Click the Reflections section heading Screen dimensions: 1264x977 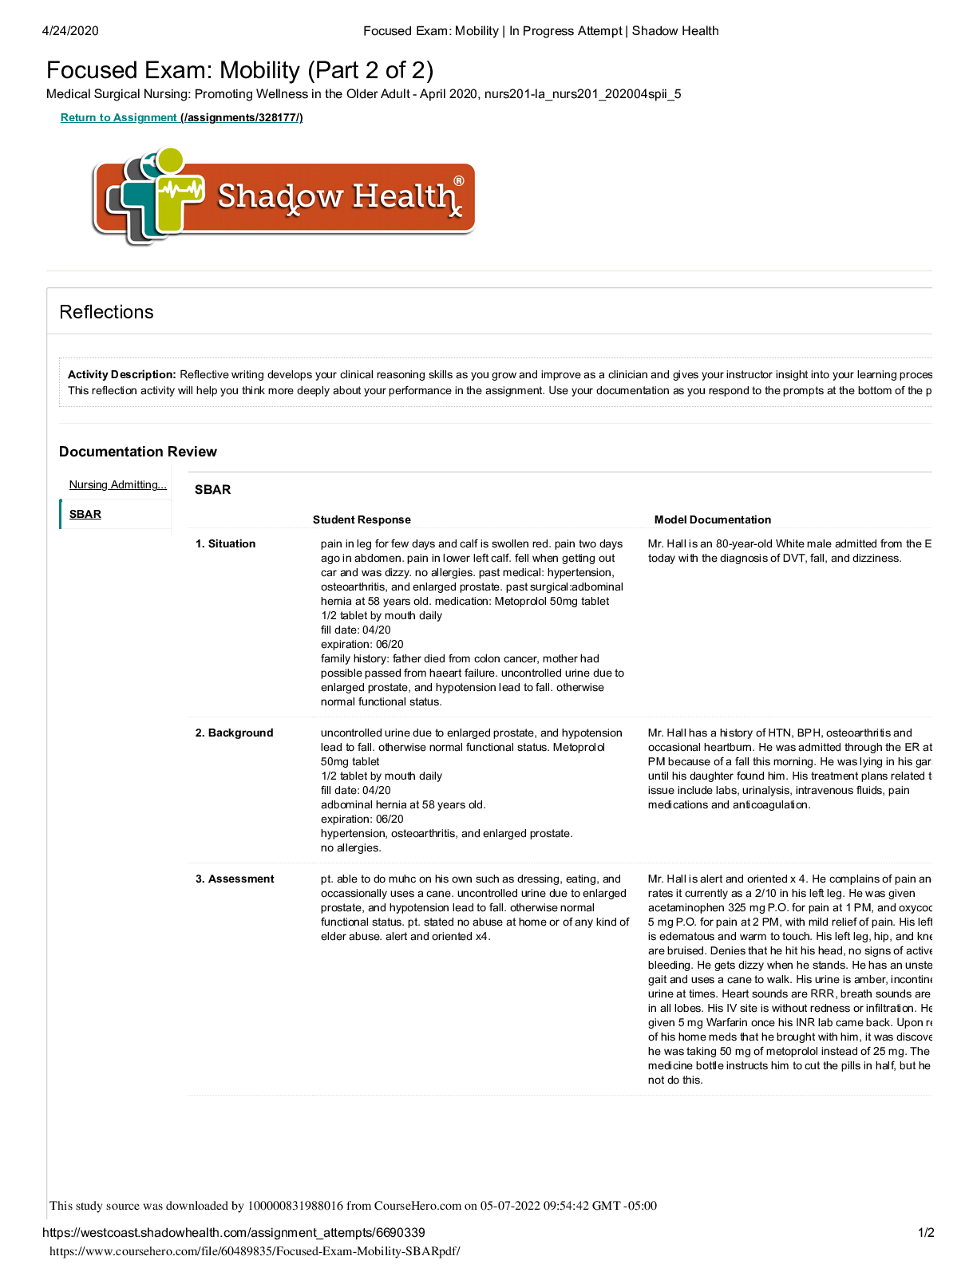(106, 312)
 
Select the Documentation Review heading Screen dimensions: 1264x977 (138, 452)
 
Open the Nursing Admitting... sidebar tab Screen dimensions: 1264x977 (117, 485)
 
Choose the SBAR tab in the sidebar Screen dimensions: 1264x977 (85, 515)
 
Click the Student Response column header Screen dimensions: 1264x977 (362, 519)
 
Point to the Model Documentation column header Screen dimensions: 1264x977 (712, 519)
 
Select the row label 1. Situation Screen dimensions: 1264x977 (225, 544)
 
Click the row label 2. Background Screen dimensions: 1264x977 (234, 733)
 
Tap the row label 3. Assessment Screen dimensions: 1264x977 (235, 879)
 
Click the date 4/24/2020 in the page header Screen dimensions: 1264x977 (70, 31)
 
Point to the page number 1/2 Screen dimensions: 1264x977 (926, 1233)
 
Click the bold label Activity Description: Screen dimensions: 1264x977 (121, 375)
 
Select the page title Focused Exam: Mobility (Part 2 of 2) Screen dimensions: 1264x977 (239, 70)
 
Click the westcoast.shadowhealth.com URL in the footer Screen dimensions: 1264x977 (233, 1233)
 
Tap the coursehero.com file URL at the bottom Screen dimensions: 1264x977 (255, 1251)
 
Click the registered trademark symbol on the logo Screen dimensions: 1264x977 (459, 181)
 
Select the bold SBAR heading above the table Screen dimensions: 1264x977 (212, 490)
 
